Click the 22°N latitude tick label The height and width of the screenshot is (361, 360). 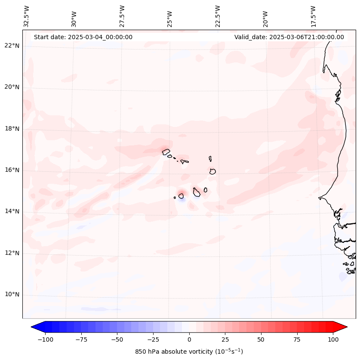12,46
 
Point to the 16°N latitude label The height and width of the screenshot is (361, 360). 12,170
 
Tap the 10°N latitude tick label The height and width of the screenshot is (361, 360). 12,295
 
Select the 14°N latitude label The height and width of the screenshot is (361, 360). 12,211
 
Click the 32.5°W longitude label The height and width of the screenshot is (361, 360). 27,16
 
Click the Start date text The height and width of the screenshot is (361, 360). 83,37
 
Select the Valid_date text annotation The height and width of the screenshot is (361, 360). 289,37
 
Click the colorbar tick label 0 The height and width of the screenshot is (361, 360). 189,339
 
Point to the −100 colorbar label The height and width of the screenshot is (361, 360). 45,339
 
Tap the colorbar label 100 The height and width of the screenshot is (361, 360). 333,339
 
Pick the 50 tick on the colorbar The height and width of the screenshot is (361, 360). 261,339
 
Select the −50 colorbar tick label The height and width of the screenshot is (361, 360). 117,339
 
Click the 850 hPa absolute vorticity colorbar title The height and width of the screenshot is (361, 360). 189,352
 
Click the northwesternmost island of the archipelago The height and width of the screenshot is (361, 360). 166,151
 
